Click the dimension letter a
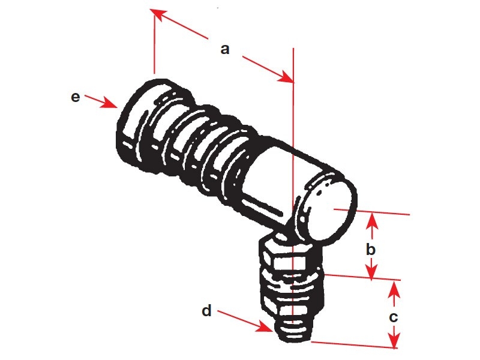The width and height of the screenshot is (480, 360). click(225, 49)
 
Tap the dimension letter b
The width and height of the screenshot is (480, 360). click(372, 248)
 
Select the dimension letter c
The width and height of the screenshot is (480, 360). click(394, 317)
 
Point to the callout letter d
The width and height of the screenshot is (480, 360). click(206, 311)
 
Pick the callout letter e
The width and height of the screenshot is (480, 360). click(75, 97)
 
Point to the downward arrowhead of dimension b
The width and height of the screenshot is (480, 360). click(373, 274)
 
